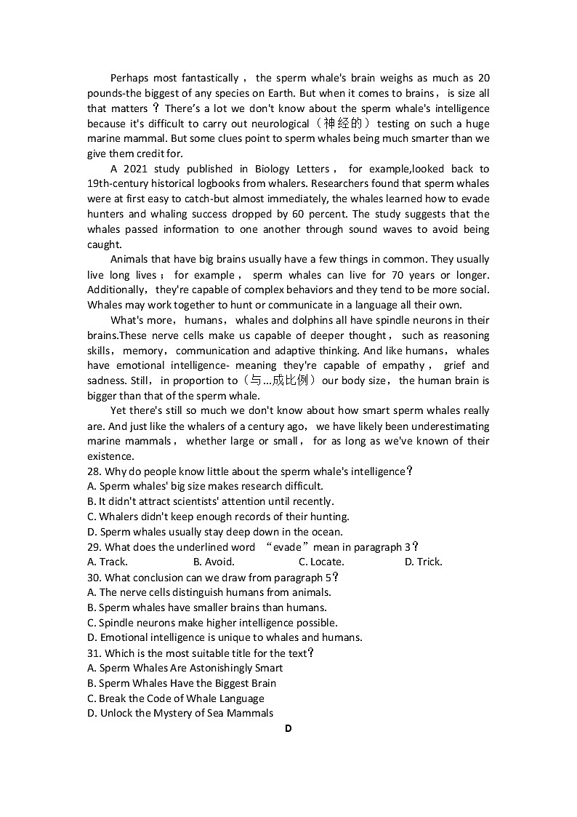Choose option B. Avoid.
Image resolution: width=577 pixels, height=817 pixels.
(x=214, y=562)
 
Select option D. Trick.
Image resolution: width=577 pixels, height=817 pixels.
(x=423, y=562)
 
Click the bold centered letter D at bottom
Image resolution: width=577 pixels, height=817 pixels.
(x=288, y=728)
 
